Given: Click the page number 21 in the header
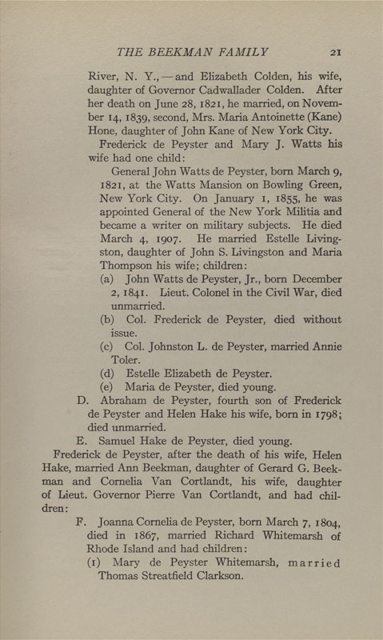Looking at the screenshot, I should coord(335,52).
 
